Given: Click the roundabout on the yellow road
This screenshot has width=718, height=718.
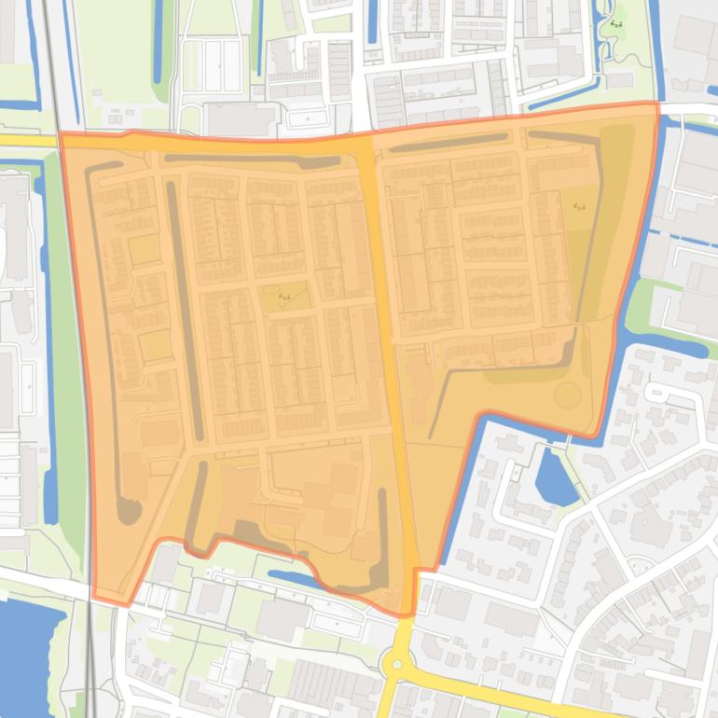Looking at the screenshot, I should click(397, 665).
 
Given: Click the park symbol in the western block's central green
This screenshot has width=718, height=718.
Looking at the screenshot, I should click(284, 297).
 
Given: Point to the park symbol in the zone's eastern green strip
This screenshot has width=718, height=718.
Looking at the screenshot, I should click(579, 205).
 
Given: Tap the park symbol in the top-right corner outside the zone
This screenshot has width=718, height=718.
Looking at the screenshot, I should click(616, 23).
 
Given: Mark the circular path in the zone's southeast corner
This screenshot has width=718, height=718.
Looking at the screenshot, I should click(567, 394).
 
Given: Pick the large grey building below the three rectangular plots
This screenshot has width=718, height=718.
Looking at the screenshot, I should click(241, 119).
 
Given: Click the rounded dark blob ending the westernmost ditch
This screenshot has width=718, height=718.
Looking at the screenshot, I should click(127, 511).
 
